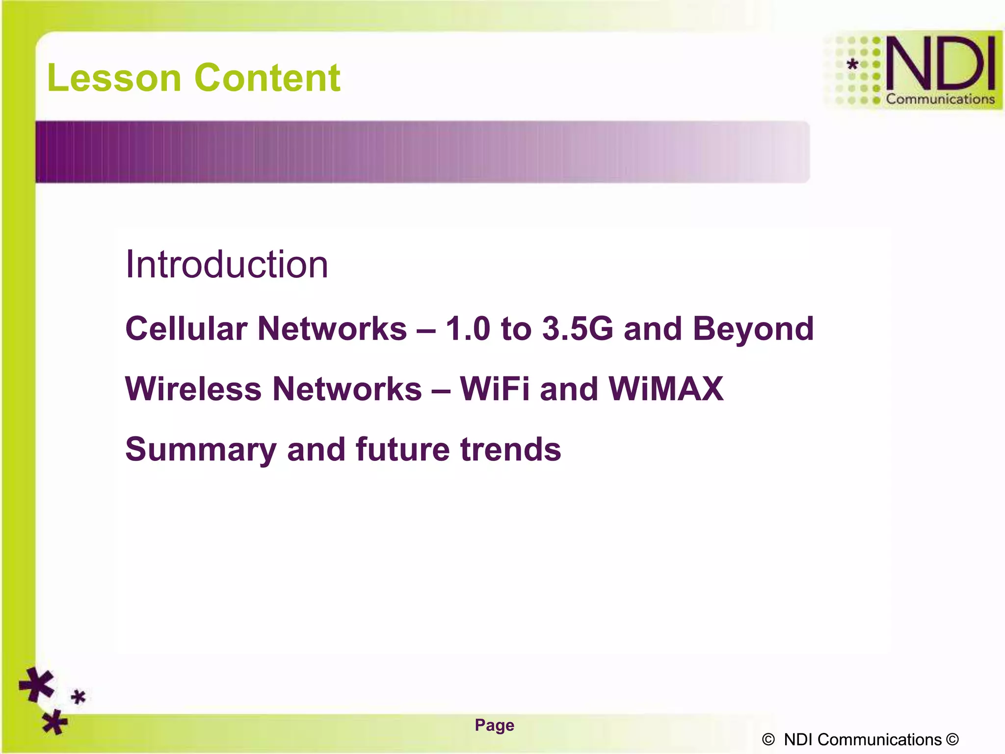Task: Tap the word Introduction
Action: point(226,265)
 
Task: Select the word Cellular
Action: point(186,328)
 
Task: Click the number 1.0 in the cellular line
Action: point(467,328)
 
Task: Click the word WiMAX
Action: point(666,389)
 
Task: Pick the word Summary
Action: point(201,450)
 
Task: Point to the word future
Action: point(402,449)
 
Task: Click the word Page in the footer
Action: point(494,725)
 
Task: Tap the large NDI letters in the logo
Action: point(940,64)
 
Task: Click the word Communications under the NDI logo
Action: point(940,99)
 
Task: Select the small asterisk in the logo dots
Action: point(853,64)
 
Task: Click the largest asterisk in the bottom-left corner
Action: point(37,685)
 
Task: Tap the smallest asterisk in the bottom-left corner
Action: point(79,697)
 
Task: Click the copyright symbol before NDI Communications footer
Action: point(768,739)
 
